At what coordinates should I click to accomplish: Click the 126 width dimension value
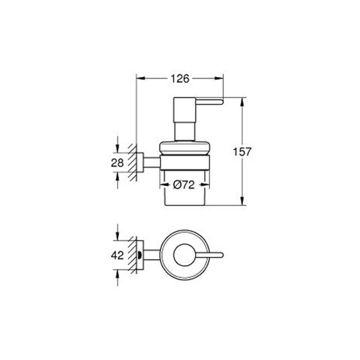coord(180,79)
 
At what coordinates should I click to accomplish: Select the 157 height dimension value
coord(242,152)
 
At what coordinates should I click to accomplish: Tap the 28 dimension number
coord(117,163)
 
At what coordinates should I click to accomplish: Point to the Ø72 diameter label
coord(184,185)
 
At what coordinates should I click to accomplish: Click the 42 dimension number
coord(117,255)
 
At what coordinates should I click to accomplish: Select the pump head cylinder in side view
coord(185,119)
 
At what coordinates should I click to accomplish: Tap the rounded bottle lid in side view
coord(185,148)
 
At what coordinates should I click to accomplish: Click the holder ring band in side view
coord(185,163)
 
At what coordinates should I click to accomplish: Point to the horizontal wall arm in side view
coord(152,163)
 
